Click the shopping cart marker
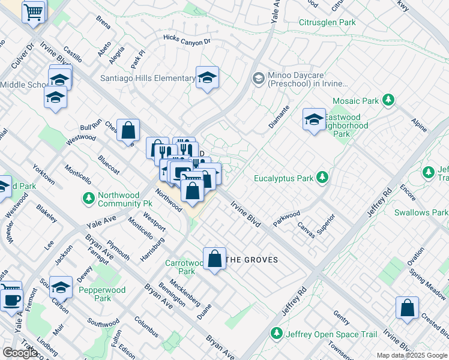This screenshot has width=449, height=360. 34,11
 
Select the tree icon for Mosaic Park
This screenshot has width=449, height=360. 388,100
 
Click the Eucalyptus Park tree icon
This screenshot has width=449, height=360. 322,178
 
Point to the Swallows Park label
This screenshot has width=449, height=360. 421,212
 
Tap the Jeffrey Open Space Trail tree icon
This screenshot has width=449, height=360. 276,332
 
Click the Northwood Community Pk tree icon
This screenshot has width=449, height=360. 89,197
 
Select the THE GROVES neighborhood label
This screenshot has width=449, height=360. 252,260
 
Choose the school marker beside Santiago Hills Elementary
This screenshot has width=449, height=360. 207,78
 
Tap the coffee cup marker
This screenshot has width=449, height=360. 11,298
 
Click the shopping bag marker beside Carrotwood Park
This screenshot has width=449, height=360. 214,259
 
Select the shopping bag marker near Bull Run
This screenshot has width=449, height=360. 128,130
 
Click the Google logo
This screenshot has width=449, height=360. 20,353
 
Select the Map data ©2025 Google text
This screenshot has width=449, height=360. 412,355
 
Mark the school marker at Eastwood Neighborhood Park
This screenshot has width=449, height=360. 313,120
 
